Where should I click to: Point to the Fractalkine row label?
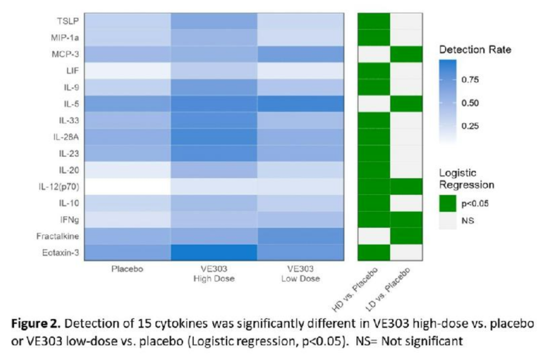click(57, 236)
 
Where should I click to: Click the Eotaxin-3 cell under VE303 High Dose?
click(214, 252)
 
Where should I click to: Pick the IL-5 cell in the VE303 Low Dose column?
click(300, 103)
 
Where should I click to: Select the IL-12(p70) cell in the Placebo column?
click(127, 186)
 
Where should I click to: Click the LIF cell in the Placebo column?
click(127, 70)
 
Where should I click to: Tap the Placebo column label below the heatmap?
click(127, 269)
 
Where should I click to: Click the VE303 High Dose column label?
click(214, 274)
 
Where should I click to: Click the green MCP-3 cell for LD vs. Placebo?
click(406, 54)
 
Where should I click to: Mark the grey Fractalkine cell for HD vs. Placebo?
click(374, 236)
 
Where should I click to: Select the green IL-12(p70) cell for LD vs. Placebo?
click(406, 186)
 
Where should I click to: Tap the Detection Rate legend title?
click(475, 50)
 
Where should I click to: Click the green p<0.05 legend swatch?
click(448, 203)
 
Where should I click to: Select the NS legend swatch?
click(448, 221)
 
